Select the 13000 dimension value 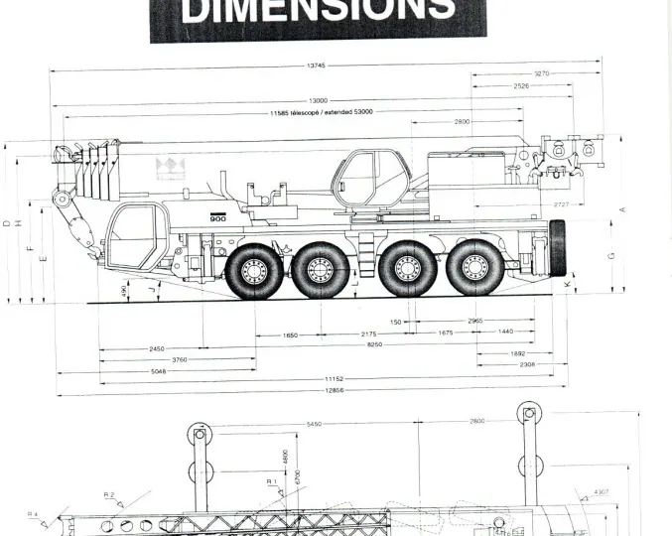coord(318,100)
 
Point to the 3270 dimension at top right coord(541,73)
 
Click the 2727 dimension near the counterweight coord(561,204)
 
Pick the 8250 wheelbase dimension coord(373,343)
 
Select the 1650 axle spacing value coord(290,335)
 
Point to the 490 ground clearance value coord(123,292)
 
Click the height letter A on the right coord(621,208)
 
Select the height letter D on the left coord(7,223)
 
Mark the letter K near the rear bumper coord(567,286)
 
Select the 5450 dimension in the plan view coord(314,424)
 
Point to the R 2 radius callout coord(109,493)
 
